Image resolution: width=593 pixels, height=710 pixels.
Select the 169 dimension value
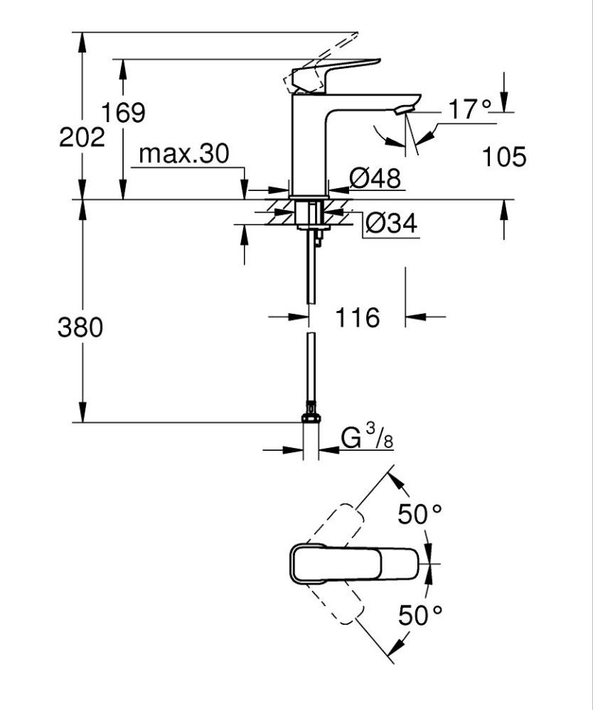click(x=123, y=113)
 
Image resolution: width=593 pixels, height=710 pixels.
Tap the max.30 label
click(x=185, y=154)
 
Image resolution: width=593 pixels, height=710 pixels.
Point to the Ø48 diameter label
click(x=374, y=178)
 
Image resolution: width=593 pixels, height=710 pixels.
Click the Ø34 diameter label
click(x=391, y=221)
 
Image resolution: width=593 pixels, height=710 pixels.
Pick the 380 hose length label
click(x=80, y=327)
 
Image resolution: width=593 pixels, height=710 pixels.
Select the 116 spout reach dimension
click(x=357, y=318)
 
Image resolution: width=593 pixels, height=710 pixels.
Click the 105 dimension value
click(x=504, y=157)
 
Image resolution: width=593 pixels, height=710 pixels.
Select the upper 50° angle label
click(x=420, y=514)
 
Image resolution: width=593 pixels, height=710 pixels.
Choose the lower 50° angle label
click(x=420, y=614)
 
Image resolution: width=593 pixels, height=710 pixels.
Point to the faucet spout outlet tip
click(x=404, y=110)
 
